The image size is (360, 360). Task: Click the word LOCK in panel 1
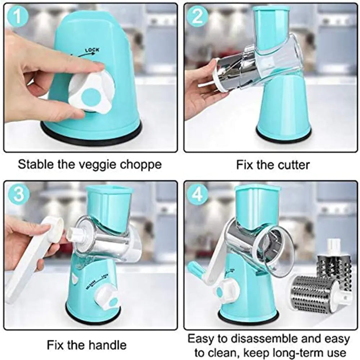92,50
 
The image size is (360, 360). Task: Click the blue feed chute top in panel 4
257,188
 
